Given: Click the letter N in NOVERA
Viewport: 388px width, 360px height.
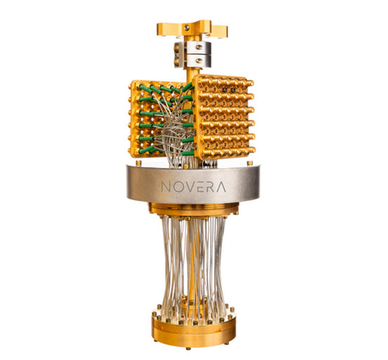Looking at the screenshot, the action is click(166, 187).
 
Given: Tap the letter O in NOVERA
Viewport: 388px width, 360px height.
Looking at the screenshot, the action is click(177, 187).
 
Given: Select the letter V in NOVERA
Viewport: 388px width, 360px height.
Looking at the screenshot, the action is click(188, 187).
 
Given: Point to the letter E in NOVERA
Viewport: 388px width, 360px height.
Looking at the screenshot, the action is click(198, 187).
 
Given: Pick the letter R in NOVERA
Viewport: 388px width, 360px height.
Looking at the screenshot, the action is click(208, 187).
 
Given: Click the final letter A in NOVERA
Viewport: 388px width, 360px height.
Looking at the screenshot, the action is click(220, 187).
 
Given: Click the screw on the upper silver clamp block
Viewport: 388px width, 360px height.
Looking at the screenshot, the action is click(198, 47).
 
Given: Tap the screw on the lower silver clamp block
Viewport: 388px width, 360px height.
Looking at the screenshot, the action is click(198, 60).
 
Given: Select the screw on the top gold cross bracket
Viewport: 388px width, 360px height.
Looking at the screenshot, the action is click(187, 27).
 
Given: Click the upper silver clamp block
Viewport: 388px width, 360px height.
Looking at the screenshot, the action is click(193, 48).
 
